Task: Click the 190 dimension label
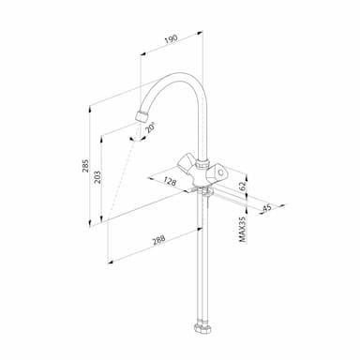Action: [x=172, y=38]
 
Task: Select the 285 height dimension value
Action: [x=85, y=166]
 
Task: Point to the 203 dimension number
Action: [x=97, y=177]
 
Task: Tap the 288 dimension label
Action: [x=158, y=240]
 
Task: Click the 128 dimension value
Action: [x=170, y=181]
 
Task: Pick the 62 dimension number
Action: [x=243, y=186]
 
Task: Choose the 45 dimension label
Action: [x=266, y=207]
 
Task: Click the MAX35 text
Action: [x=243, y=230]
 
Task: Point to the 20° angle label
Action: [x=150, y=127]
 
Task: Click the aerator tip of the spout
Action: [x=142, y=116]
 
